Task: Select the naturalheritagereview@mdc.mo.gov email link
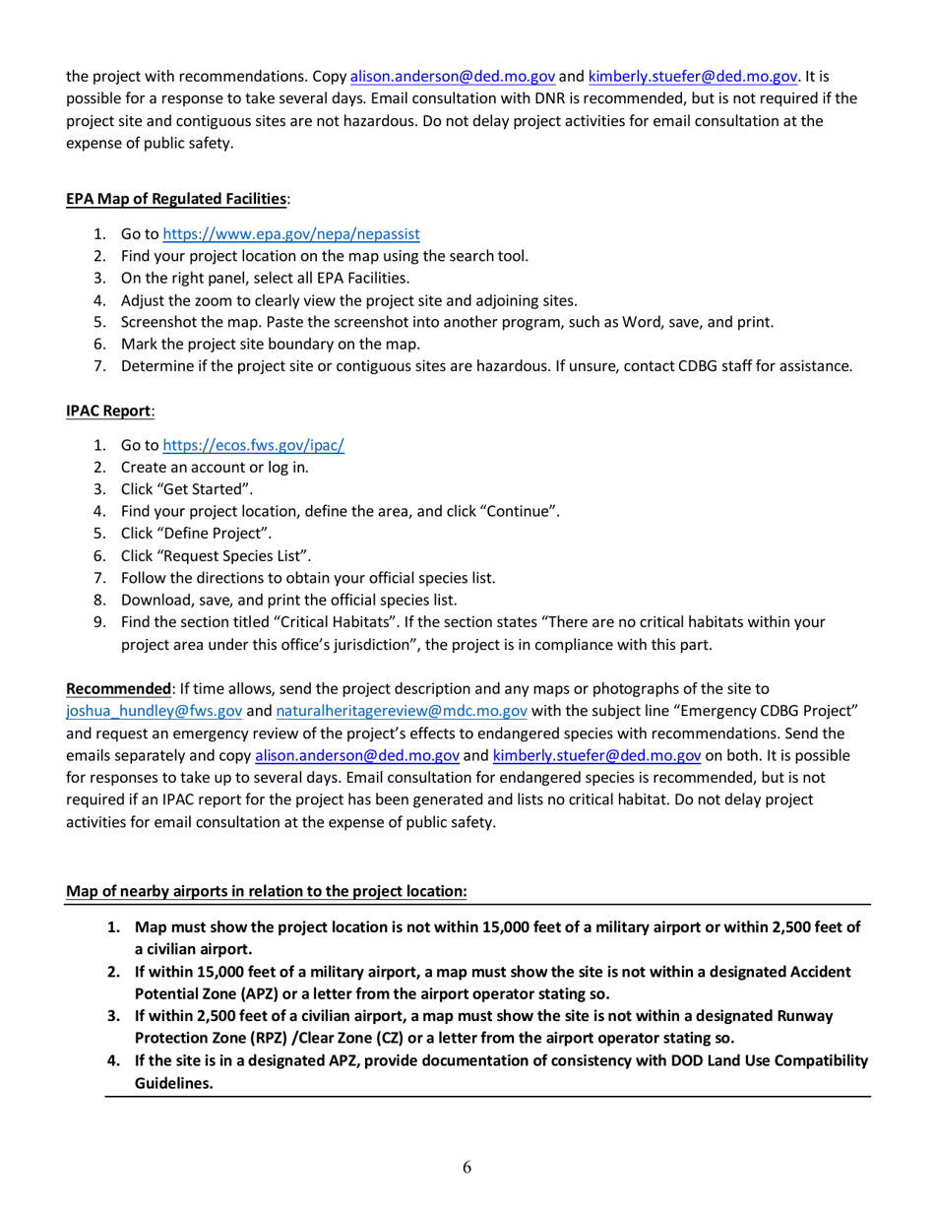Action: (x=401, y=712)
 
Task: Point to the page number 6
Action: (x=467, y=1169)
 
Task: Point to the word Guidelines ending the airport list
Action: (x=174, y=1082)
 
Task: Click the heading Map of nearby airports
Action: (x=266, y=892)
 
